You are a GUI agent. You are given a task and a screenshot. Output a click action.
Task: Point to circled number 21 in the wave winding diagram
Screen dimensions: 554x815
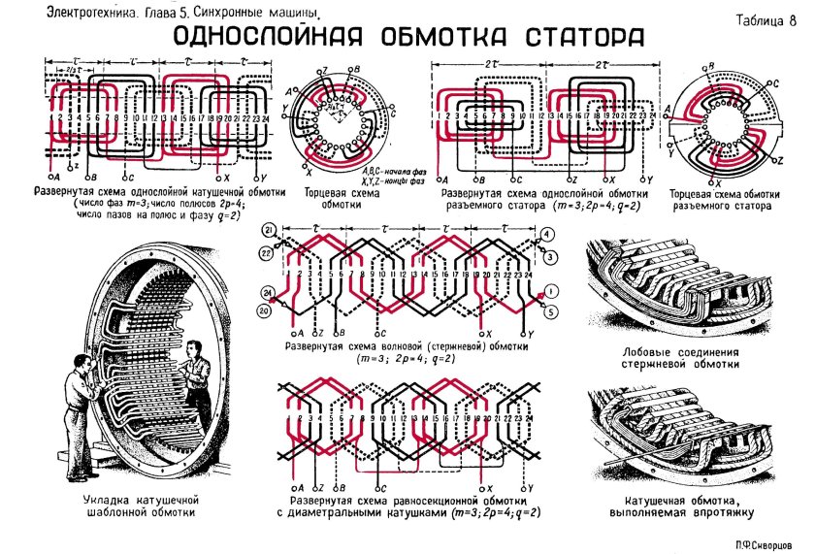[266, 230]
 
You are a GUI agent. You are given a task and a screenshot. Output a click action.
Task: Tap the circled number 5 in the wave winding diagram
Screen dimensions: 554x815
[551, 311]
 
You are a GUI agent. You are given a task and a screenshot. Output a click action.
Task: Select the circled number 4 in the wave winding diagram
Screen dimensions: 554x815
[549, 233]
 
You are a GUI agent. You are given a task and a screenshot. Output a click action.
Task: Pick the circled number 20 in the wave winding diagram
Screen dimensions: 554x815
[265, 310]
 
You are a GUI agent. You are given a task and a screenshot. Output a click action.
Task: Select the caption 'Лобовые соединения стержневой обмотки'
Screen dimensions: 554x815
[682, 358]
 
